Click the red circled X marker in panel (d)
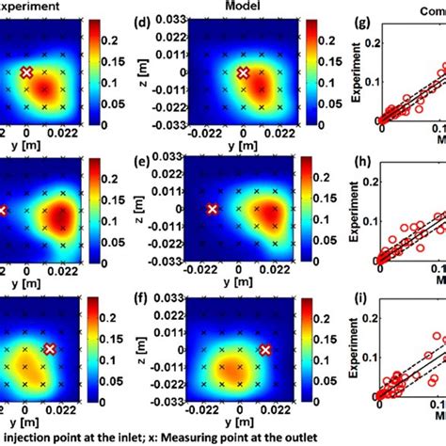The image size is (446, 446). [243, 72]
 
